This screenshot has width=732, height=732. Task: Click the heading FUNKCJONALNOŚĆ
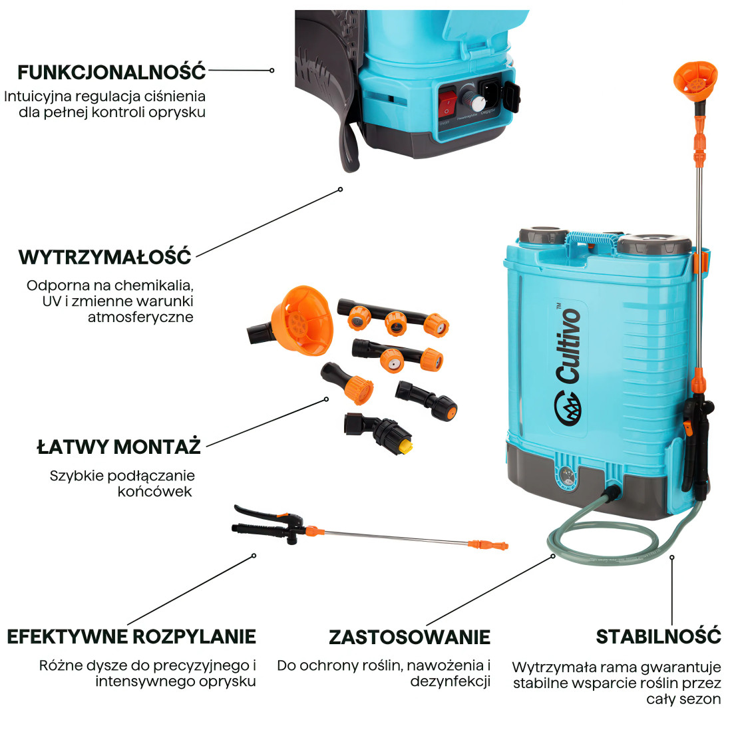click(112, 71)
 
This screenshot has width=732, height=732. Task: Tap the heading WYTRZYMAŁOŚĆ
click(105, 257)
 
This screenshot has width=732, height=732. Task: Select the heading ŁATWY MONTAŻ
click(118, 446)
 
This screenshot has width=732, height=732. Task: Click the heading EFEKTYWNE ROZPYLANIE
click(131, 636)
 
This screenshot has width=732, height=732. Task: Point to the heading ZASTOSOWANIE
click(409, 637)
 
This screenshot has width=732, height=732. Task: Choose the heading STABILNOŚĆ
click(658, 636)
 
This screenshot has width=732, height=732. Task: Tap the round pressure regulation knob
click(476, 102)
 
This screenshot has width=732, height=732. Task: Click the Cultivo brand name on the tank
click(569, 347)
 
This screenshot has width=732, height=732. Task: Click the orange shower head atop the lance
click(696, 79)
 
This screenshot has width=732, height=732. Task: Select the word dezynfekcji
click(450, 681)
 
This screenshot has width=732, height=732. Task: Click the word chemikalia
click(153, 285)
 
